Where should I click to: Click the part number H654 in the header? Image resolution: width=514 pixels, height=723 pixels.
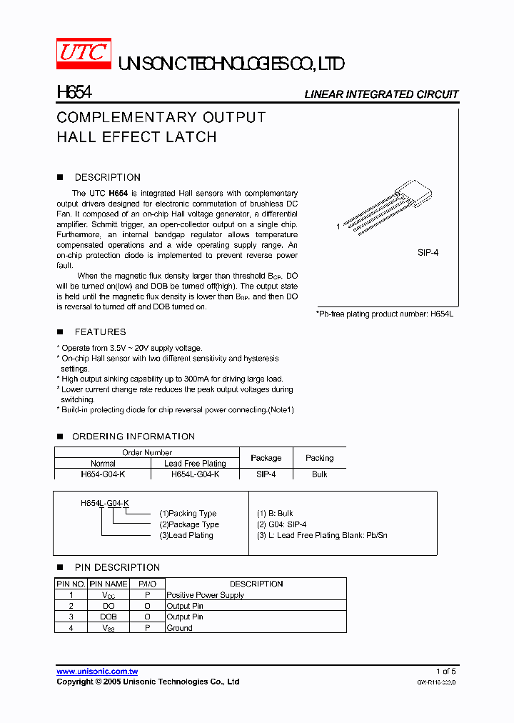point(74,94)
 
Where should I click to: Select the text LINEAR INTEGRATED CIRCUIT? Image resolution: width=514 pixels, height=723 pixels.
point(381,94)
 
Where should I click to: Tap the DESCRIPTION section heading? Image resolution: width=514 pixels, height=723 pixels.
point(107,177)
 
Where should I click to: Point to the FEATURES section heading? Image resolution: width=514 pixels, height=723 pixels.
point(100,331)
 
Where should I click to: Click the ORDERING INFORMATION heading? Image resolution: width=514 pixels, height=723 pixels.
point(133,437)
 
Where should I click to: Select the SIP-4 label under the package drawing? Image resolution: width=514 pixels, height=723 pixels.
point(428,253)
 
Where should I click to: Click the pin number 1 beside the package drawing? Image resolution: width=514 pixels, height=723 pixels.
point(338,226)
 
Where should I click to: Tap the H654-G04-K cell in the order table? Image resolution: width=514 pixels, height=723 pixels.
point(103,474)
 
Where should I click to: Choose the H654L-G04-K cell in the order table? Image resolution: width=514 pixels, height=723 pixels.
point(195,474)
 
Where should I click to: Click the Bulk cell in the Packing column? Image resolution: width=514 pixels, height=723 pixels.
point(319,474)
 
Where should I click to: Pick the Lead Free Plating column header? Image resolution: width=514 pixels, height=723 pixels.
point(195,463)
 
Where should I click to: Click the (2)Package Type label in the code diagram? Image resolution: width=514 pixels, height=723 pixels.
point(188,524)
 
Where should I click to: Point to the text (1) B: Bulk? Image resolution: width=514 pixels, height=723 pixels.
point(275,514)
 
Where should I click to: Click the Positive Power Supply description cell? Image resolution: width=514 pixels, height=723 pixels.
point(206,595)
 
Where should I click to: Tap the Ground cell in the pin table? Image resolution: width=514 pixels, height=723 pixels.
point(179,628)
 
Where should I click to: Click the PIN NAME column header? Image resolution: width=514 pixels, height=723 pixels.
point(109,584)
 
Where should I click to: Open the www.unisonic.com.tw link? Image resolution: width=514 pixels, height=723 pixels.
point(97,671)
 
